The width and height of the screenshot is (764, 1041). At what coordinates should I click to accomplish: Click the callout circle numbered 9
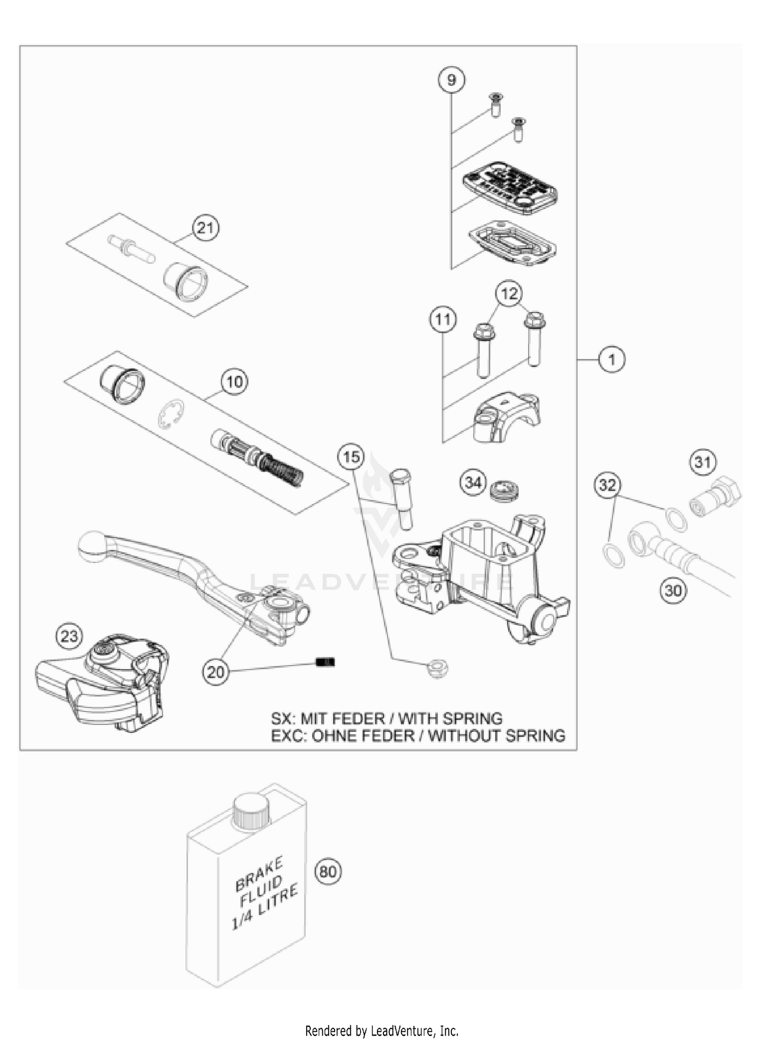point(451,80)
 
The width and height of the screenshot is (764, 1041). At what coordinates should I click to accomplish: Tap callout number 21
point(205,227)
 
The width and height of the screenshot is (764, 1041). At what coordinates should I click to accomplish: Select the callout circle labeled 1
point(612,360)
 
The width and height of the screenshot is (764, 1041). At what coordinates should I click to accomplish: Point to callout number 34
point(473,482)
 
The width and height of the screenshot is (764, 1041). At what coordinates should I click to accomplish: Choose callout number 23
point(69,637)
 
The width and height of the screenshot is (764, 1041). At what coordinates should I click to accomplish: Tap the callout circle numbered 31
point(703,462)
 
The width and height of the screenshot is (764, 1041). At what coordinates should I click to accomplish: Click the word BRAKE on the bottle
point(259,874)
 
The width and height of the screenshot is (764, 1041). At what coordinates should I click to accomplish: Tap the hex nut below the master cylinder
point(436,669)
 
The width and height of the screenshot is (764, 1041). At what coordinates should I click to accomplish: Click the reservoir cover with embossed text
point(510,187)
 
